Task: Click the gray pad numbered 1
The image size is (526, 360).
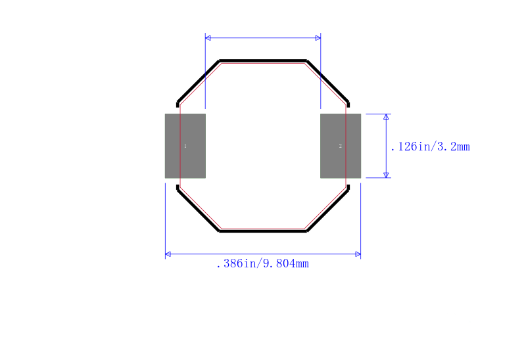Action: click(x=185, y=146)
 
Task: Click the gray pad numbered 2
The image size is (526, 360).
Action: click(x=341, y=146)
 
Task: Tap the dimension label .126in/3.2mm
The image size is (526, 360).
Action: click(x=431, y=146)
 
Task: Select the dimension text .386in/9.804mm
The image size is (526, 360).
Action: click(x=262, y=264)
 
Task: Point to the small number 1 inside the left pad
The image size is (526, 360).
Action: click(x=185, y=146)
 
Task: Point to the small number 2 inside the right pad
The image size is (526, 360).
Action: click(x=340, y=146)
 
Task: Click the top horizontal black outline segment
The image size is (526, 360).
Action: click(x=263, y=60)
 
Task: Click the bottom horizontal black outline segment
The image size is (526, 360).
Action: click(x=263, y=231)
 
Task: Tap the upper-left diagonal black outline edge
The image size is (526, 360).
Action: click(x=198, y=81)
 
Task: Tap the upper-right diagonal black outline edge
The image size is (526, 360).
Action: click(x=327, y=81)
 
